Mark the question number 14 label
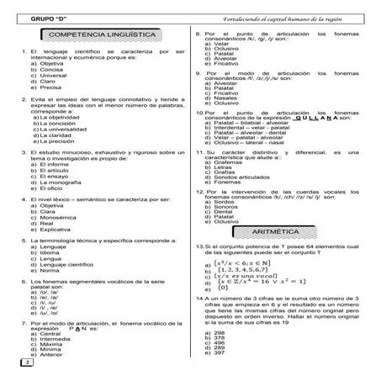tap(198, 298)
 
